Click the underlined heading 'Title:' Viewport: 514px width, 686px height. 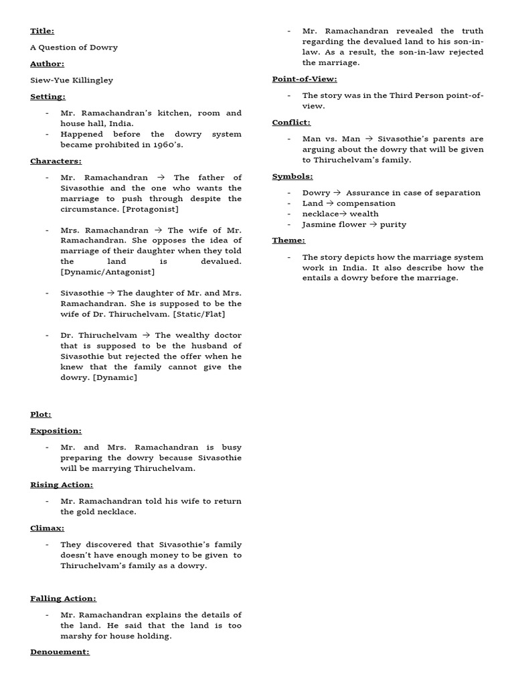click(x=42, y=31)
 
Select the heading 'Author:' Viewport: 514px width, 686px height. click(x=47, y=64)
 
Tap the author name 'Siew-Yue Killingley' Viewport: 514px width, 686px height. click(x=72, y=80)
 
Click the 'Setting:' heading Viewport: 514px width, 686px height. click(x=48, y=96)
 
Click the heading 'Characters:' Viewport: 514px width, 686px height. click(x=56, y=161)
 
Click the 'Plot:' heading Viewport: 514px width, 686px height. click(x=40, y=415)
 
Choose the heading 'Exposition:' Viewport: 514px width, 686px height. click(x=56, y=431)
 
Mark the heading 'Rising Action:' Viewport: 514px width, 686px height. click(x=62, y=484)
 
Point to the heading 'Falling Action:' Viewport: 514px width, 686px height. click(x=63, y=598)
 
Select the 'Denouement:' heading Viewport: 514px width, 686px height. click(x=60, y=652)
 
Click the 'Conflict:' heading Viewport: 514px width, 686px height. click(x=291, y=123)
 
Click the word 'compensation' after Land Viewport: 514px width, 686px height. click(x=366, y=203)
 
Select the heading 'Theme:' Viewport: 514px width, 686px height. click(x=288, y=241)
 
